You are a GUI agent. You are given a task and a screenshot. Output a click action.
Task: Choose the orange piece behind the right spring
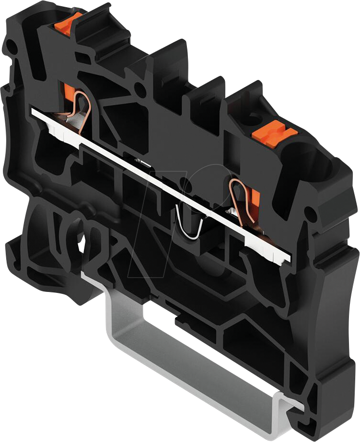pos(254,198)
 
